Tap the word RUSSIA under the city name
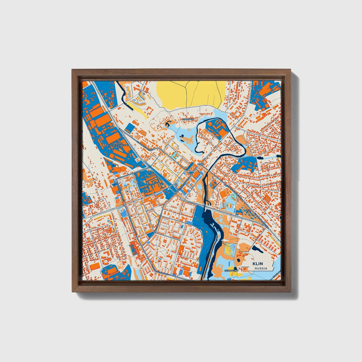tap(261, 268)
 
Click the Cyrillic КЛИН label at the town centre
tap(201, 164)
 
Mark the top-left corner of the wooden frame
tap(73, 70)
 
